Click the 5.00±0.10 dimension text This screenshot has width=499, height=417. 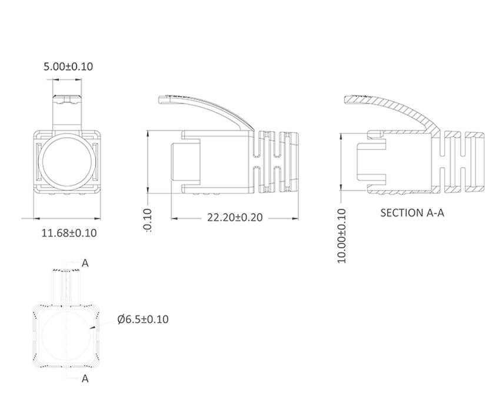click(x=68, y=66)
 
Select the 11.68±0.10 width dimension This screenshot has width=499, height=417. click(x=69, y=233)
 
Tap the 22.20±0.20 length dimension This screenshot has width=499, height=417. click(x=234, y=218)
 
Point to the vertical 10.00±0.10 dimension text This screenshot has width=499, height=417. click(x=342, y=235)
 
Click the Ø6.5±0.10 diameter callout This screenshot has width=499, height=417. click(x=143, y=319)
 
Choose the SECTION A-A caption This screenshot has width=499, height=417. click(x=412, y=212)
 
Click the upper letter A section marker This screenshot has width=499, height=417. click(x=85, y=263)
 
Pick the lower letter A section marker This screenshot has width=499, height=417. click(x=85, y=378)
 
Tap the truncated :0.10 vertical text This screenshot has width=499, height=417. click(x=147, y=221)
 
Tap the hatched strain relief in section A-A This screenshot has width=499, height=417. click(x=462, y=159)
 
